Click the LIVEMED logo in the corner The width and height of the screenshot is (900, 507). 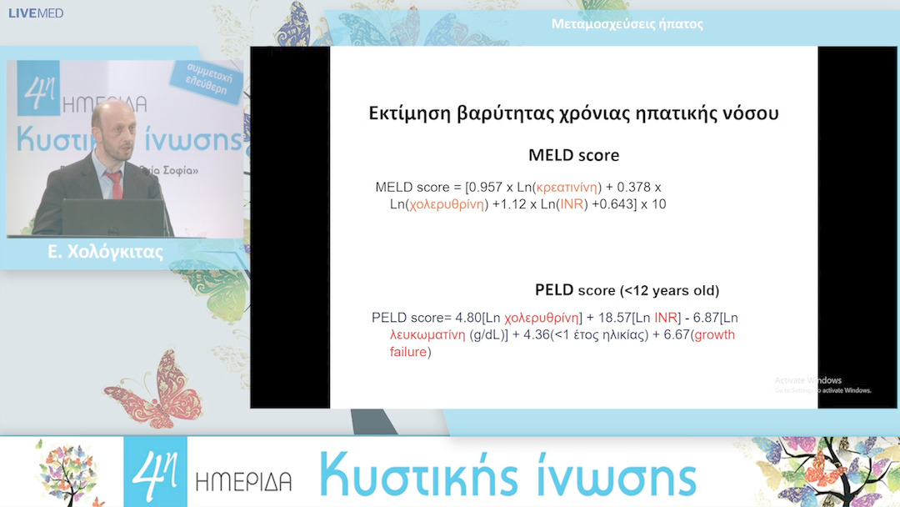coord(36,13)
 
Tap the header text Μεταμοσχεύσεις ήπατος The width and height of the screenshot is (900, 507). coord(627,24)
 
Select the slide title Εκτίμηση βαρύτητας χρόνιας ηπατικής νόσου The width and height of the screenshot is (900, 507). coord(573,113)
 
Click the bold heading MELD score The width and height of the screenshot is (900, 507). coord(573,156)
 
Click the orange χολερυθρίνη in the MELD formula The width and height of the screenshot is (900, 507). coord(444,204)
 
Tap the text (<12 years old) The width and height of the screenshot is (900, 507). coord(668,291)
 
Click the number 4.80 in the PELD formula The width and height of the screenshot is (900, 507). coord(470,318)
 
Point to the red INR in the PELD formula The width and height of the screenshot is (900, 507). coord(666,318)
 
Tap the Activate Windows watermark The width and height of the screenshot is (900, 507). coord(807,381)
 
